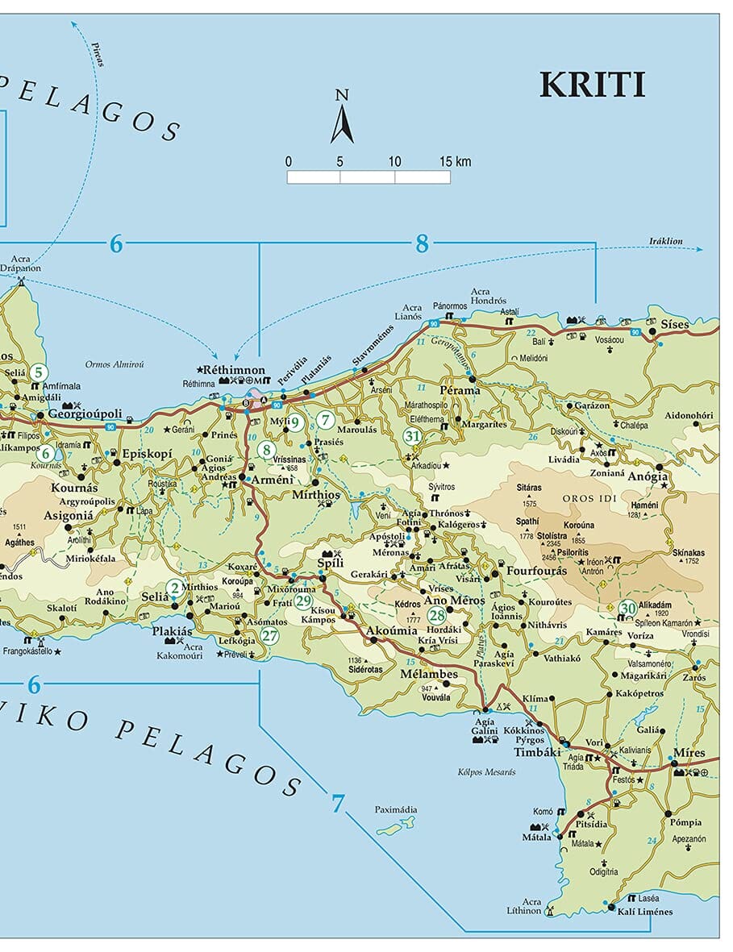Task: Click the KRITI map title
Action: click(x=592, y=85)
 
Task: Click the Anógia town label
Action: click(x=648, y=476)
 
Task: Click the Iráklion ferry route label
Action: click(x=665, y=241)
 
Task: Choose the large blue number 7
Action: click(x=337, y=803)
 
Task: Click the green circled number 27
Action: click(x=269, y=635)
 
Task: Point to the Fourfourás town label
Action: click(x=536, y=572)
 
